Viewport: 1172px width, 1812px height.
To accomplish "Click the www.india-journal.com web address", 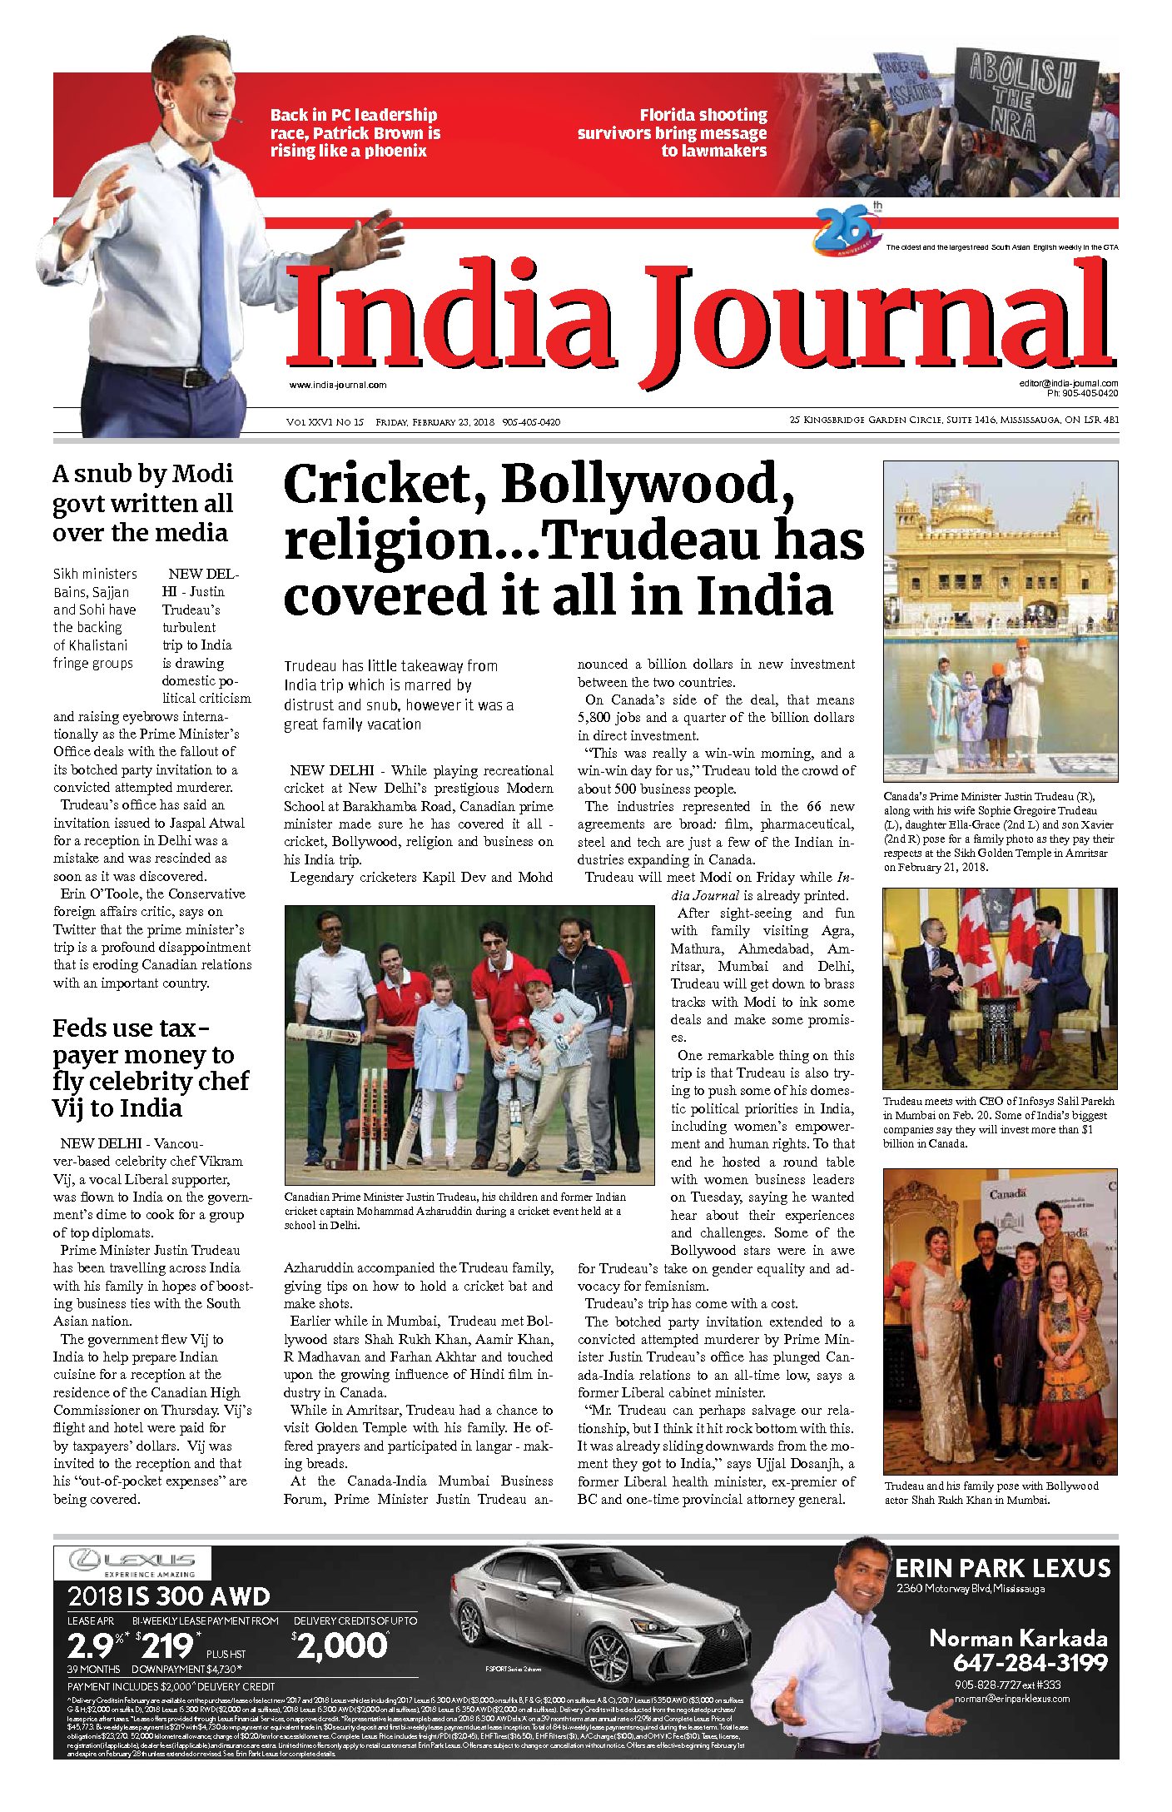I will tap(338, 385).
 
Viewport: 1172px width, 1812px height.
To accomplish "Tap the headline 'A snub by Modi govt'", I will tap(142, 503).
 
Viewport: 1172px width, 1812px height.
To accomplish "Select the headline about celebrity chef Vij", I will tap(151, 1068).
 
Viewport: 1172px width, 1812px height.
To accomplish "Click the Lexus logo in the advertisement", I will tap(132, 1562).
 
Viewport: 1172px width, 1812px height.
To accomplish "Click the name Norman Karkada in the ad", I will tap(1017, 1639).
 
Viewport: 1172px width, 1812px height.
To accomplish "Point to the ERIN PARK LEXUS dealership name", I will tap(1002, 1569).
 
